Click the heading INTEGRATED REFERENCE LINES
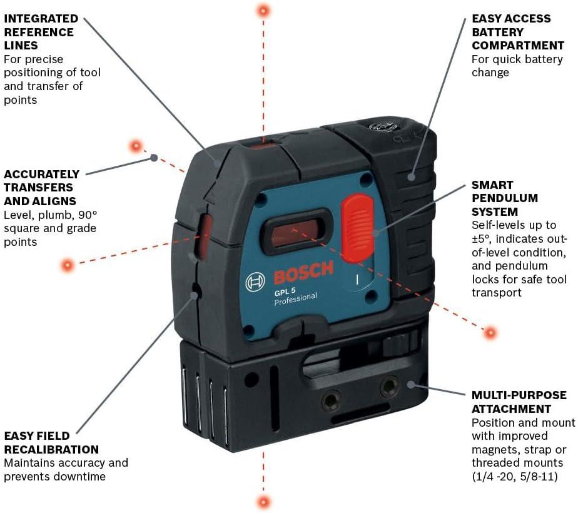click(x=41, y=32)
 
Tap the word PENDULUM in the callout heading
click(x=504, y=198)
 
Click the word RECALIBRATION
click(x=51, y=449)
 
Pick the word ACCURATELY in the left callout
click(x=41, y=174)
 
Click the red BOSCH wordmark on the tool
click(x=303, y=273)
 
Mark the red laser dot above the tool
click(x=263, y=10)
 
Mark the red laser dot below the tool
click(x=263, y=501)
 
